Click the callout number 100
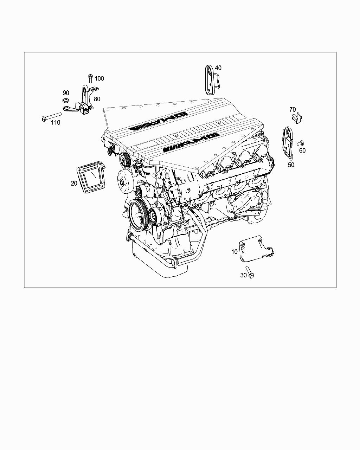99,78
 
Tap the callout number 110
56,122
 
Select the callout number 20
74,184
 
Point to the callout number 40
218,68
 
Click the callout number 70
292,109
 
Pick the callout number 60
302,150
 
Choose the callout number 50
291,165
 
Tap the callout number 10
234,252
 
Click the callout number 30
244,275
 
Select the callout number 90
66,93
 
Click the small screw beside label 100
90,78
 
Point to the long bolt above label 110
51,116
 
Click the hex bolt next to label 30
250,272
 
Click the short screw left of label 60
300,143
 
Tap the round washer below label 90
66,101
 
